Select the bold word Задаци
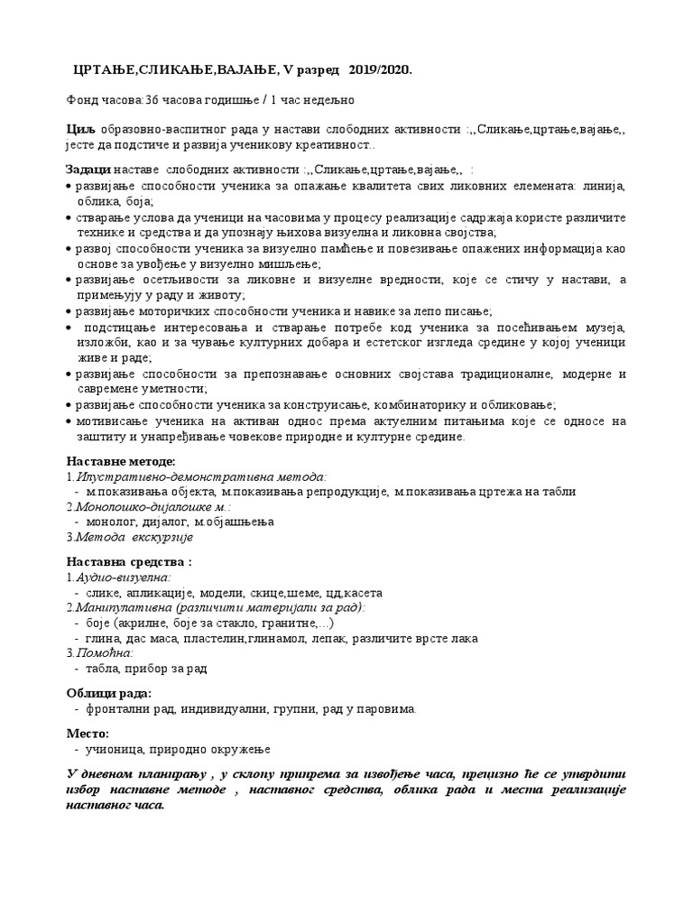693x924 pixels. click(x=88, y=169)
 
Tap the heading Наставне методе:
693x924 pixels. click(x=115, y=461)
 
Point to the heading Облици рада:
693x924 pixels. click(x=108, y=693)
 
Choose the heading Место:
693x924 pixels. click(x=88, y=734)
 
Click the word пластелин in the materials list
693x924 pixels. click(x=243, y=638)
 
